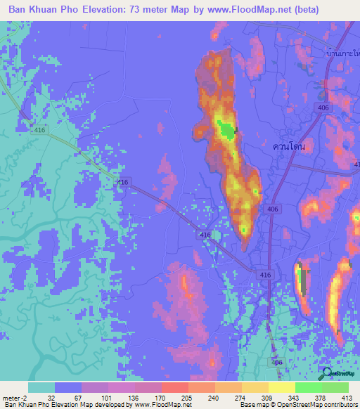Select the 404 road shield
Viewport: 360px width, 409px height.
278,361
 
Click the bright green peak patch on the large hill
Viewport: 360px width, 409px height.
226,129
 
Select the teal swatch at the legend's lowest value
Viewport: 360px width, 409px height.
41,387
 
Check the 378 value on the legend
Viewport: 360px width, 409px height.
308,398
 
